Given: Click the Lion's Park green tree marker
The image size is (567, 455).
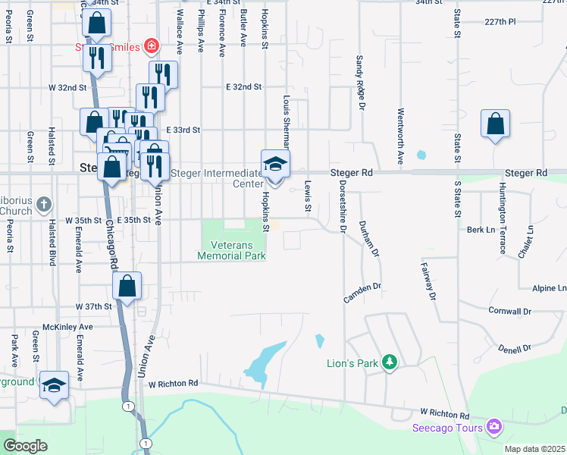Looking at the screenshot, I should tap(390, 362).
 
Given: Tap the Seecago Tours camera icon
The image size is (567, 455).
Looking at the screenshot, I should tap(495, 428).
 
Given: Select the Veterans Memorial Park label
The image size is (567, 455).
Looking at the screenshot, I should tap(231, 249).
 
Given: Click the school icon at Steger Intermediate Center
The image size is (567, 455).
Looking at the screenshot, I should tap(275, 165).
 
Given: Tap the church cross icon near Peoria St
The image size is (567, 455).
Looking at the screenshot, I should tap(44, 204).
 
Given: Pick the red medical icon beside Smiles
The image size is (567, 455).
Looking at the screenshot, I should tap(152, 47).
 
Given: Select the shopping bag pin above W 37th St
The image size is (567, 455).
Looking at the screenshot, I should tap(127, 287).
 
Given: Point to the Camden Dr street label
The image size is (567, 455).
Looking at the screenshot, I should tap(362, 293).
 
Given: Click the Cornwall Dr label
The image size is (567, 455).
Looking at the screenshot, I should tap(510, 311).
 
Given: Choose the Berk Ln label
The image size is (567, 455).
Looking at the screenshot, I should tap(481, 229).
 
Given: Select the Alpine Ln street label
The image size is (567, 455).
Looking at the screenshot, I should tap(549, 288).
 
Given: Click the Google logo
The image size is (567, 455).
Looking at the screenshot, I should tap(25, 446).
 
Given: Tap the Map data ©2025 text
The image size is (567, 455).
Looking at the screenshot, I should tap(534, 449).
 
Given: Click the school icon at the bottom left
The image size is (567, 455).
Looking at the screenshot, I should tap(55, 385).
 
